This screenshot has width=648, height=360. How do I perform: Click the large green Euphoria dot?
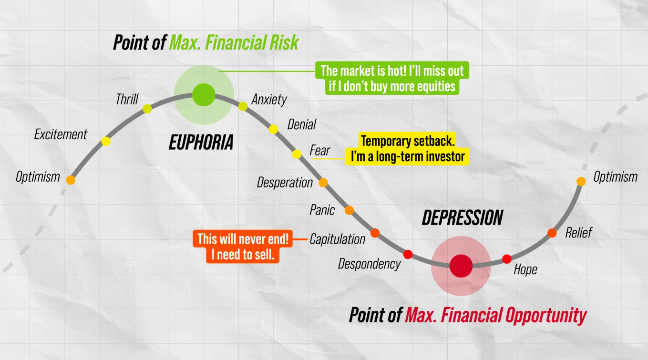coord(204,94)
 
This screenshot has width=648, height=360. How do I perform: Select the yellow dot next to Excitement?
coord(106,141)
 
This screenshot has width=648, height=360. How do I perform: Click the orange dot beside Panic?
coord(349,210)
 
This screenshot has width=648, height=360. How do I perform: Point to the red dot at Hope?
coord(506,259)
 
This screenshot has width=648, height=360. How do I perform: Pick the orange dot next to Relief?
coord(552,233)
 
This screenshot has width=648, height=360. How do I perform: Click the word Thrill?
coord(127,99)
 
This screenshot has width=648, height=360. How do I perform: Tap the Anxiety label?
coord(269,100)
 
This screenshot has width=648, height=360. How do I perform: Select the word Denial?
coord(301,124)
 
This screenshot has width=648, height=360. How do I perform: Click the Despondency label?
coord(369,264)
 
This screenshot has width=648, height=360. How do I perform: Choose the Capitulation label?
coord(337,239)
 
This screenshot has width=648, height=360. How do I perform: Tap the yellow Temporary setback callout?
coord(407,149)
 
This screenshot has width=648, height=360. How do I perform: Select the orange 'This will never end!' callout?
coord(243,247)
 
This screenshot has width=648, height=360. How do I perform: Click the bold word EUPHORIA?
coord(201,142)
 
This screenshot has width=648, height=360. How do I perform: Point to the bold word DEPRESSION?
coord(462,218)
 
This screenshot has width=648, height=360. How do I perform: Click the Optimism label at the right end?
coord(615,177)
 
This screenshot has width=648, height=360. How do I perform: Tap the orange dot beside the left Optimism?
coord(71,180)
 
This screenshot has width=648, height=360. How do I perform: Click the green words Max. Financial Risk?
coord(234,42)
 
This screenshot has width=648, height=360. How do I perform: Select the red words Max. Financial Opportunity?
coord(495,315)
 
